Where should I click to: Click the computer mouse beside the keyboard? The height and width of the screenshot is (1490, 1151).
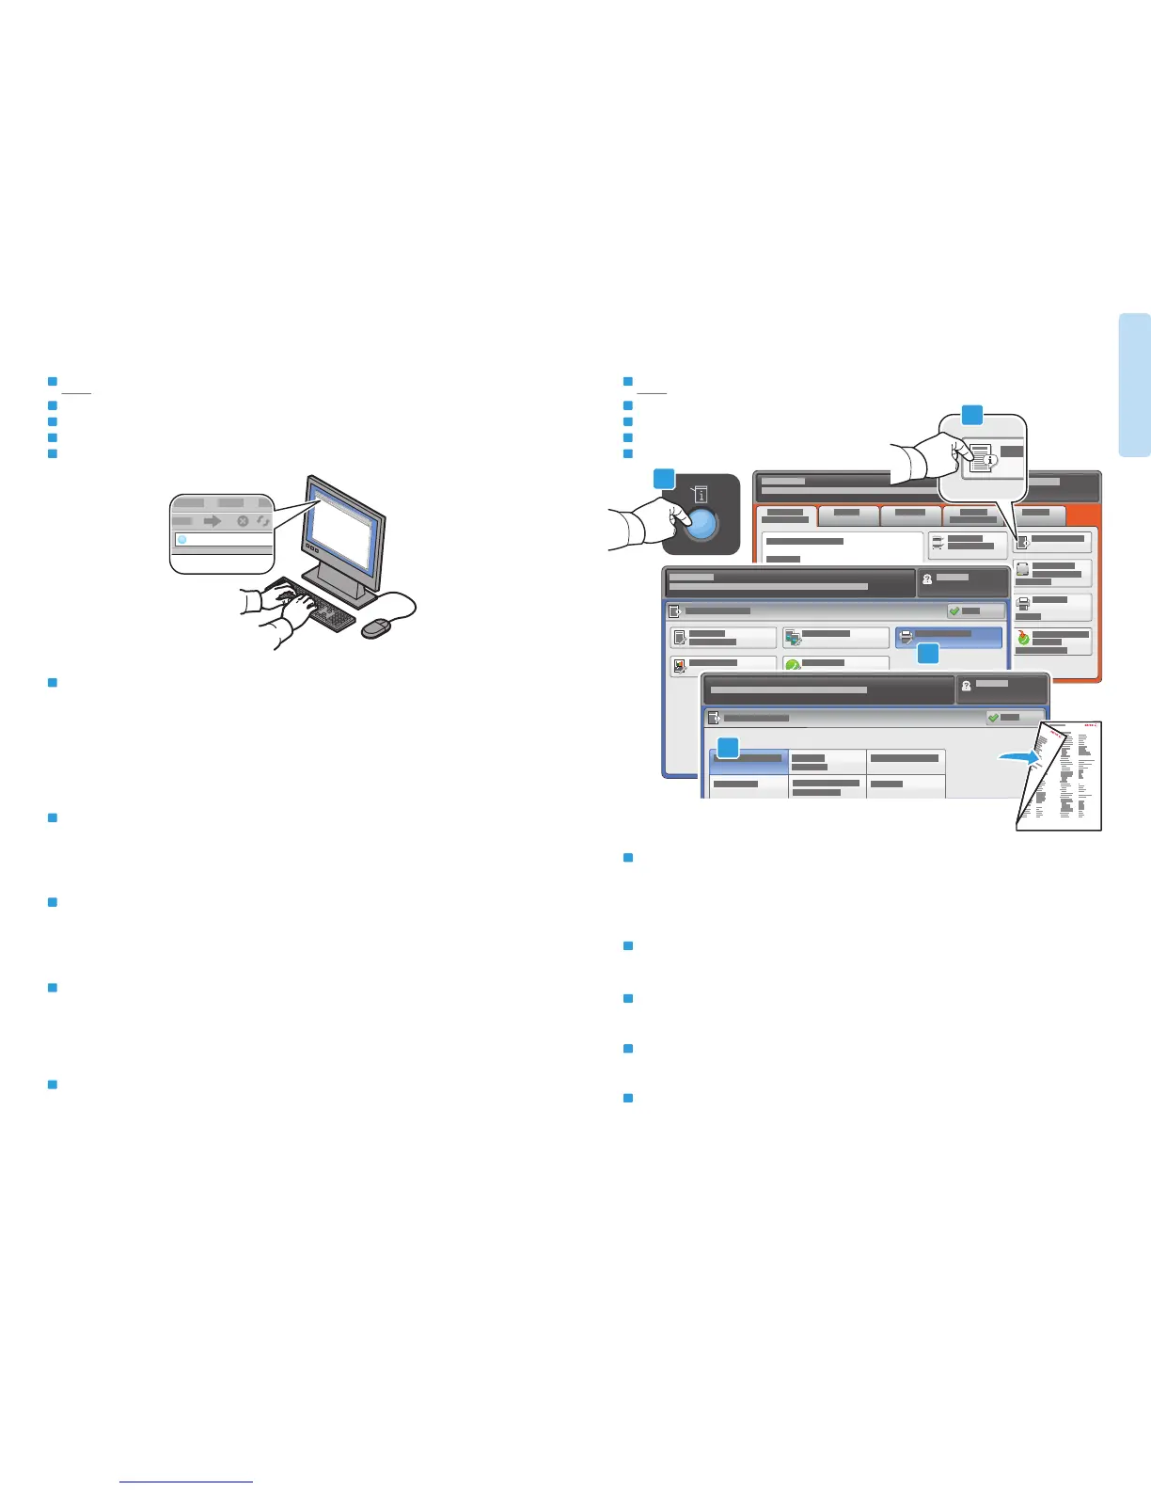click(x=376, y=627)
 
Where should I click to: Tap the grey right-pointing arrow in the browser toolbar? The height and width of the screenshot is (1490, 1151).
click(x=213, y=520)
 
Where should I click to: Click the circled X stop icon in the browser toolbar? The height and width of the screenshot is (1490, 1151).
click(x=243, y=520)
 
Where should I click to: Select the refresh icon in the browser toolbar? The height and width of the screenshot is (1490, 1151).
click(x=263, y=520)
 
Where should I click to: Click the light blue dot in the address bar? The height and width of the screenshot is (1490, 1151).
click(x=182, y=540)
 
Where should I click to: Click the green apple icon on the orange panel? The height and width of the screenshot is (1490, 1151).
click(x=1023, y=638)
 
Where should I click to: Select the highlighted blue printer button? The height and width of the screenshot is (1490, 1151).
click(x=948, y=637)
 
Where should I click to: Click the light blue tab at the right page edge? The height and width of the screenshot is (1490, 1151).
click(x=1134, y=385)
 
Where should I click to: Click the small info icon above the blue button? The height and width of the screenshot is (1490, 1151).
click(x=702, y=493)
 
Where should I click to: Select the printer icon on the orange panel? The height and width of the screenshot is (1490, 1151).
click(x=1024, y=603)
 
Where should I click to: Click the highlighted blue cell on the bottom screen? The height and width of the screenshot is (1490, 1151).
click(x=749, y=761)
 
